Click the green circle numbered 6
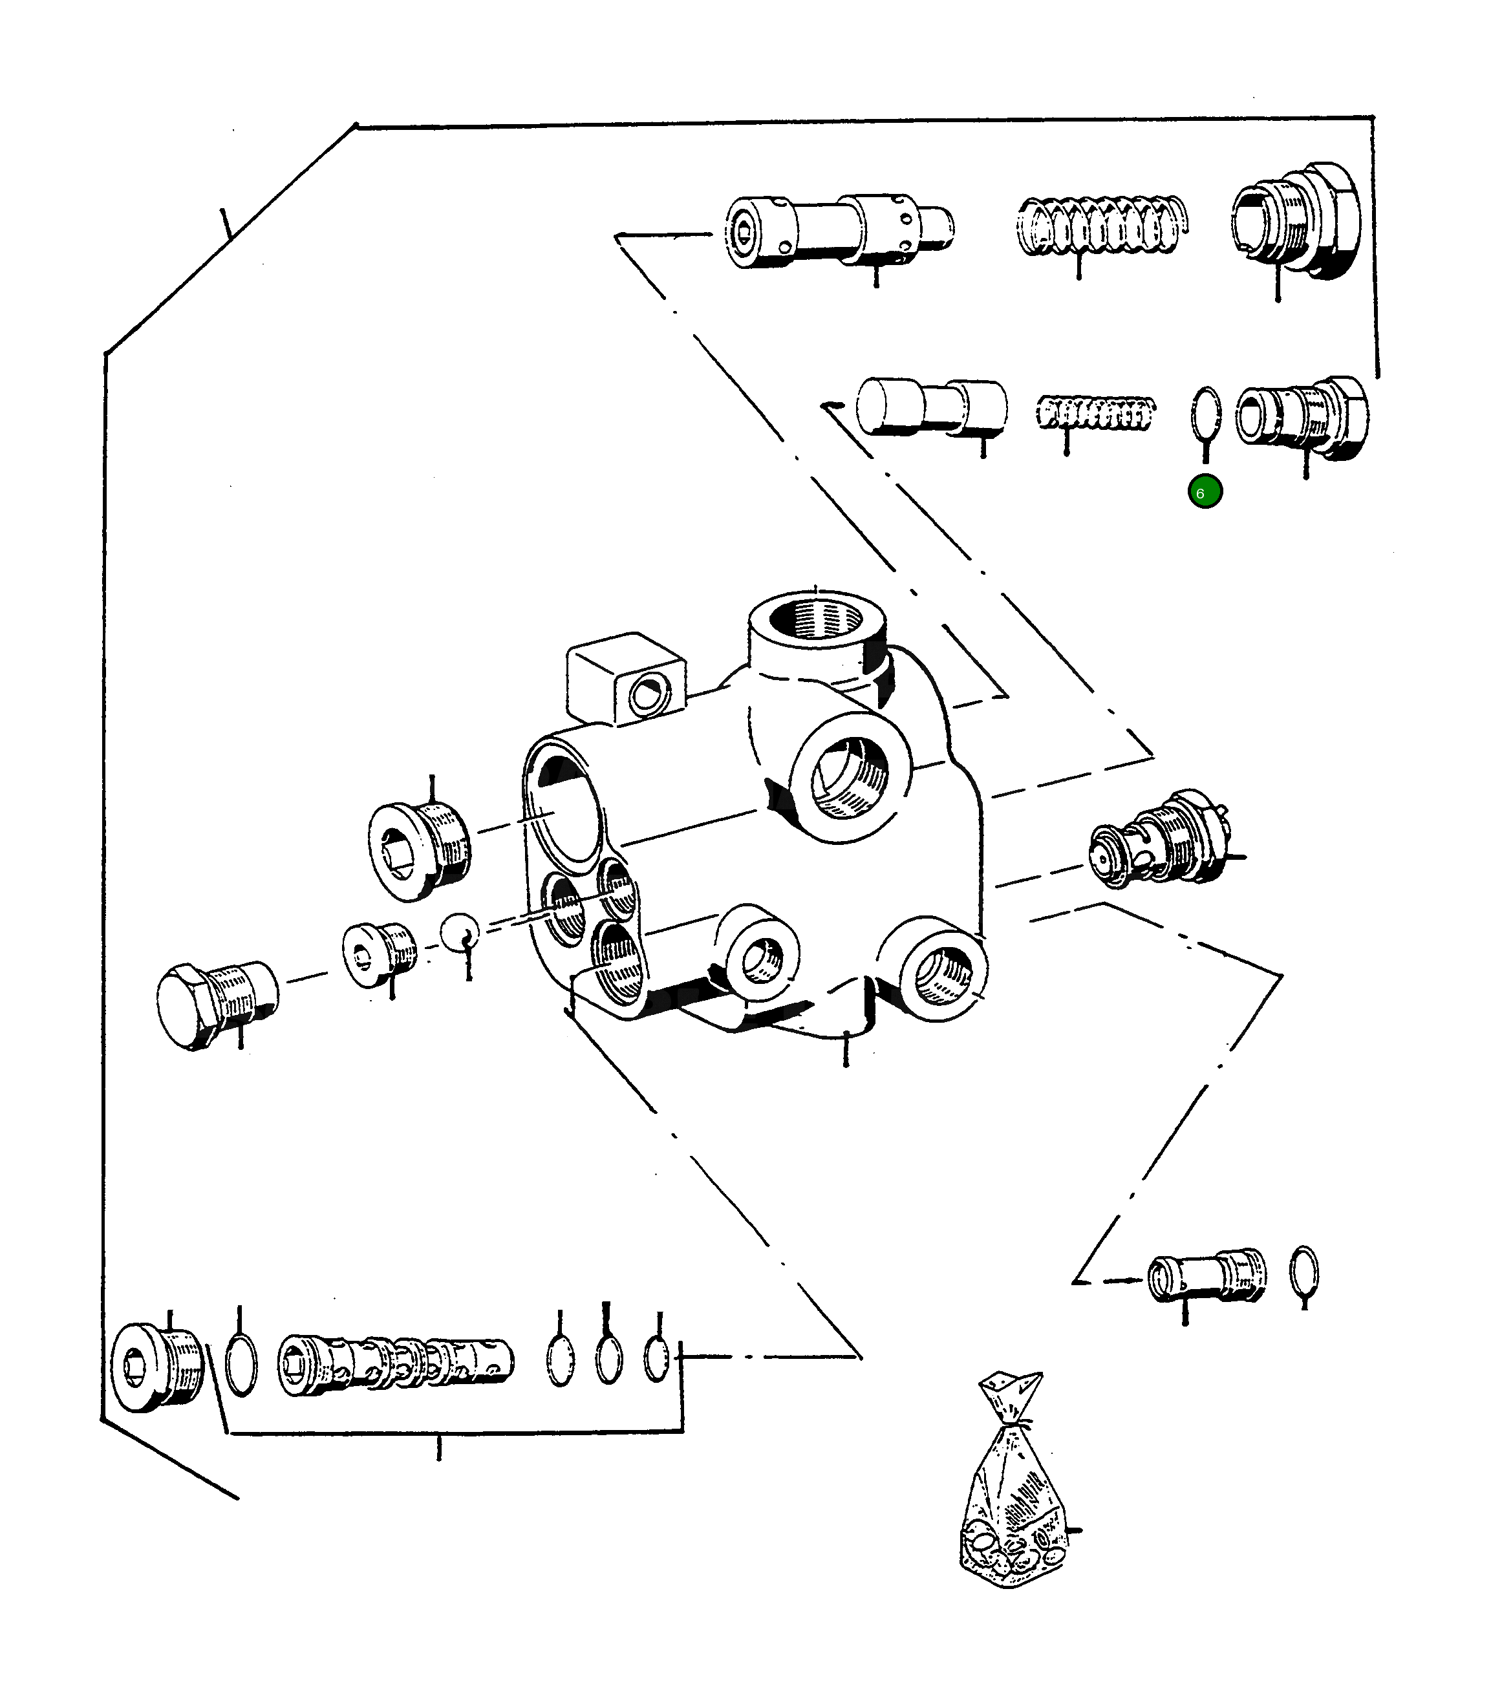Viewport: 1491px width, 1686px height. point(1205,493)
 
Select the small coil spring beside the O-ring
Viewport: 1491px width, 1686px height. point(1095,412)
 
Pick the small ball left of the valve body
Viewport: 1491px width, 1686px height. point(459,933)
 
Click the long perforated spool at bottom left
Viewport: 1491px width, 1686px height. point(395,1365)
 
